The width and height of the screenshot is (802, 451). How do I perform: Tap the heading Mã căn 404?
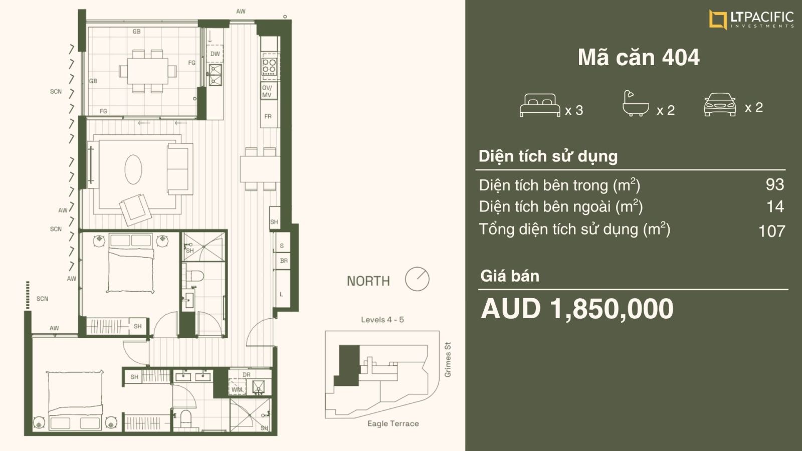(639, 57)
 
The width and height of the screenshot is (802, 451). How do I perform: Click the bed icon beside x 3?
(540, 105)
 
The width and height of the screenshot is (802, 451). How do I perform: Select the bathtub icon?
(636, 103)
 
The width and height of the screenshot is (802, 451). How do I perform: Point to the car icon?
(720, 105)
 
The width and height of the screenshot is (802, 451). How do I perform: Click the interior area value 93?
(775, 185)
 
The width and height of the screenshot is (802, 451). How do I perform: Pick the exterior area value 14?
(775, 206)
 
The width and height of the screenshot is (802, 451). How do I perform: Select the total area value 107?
(771, 231)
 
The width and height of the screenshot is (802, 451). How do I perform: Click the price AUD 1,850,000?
(577, 309)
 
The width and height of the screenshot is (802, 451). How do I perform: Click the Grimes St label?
(448, 359)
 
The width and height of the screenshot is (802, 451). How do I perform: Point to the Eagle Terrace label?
(393, 423)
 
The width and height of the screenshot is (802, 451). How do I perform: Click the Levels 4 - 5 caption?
(382, 320)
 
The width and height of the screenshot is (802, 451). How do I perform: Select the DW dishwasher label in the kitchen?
(215, 54)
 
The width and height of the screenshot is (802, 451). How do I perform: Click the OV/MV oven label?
(267, 91)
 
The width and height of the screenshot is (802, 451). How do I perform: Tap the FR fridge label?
(268, 116)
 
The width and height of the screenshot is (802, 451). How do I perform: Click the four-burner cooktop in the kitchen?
(269, 66)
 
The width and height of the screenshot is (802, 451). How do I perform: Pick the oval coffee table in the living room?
(133, 169)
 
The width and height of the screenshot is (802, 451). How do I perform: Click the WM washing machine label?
(237, 389)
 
